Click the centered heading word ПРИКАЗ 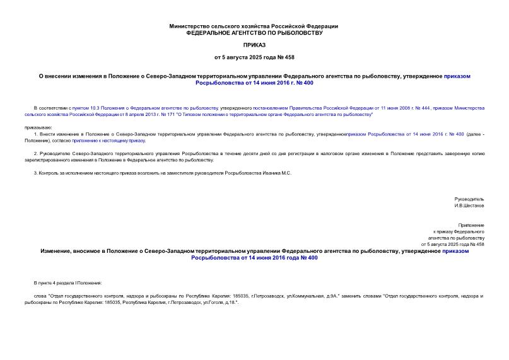click(x=254, y=45)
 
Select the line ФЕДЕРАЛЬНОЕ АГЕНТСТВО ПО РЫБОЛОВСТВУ click(x=254, y=32)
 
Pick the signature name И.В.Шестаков click(x=469, y=205)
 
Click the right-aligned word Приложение click(x=471, y=225)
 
